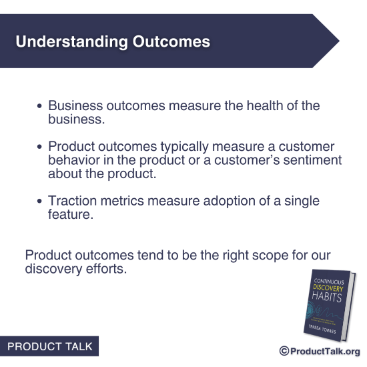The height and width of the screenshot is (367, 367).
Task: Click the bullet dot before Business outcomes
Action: pyautogui.click(x=40, y=107)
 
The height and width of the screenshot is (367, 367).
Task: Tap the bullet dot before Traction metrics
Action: pyautogui.click(x=40, y=202)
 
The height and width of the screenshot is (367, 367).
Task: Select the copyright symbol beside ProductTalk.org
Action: pyautogui.click(x=284, y=351)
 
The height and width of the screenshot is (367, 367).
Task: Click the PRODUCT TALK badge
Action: pyautogui.click(x=49, y=347)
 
